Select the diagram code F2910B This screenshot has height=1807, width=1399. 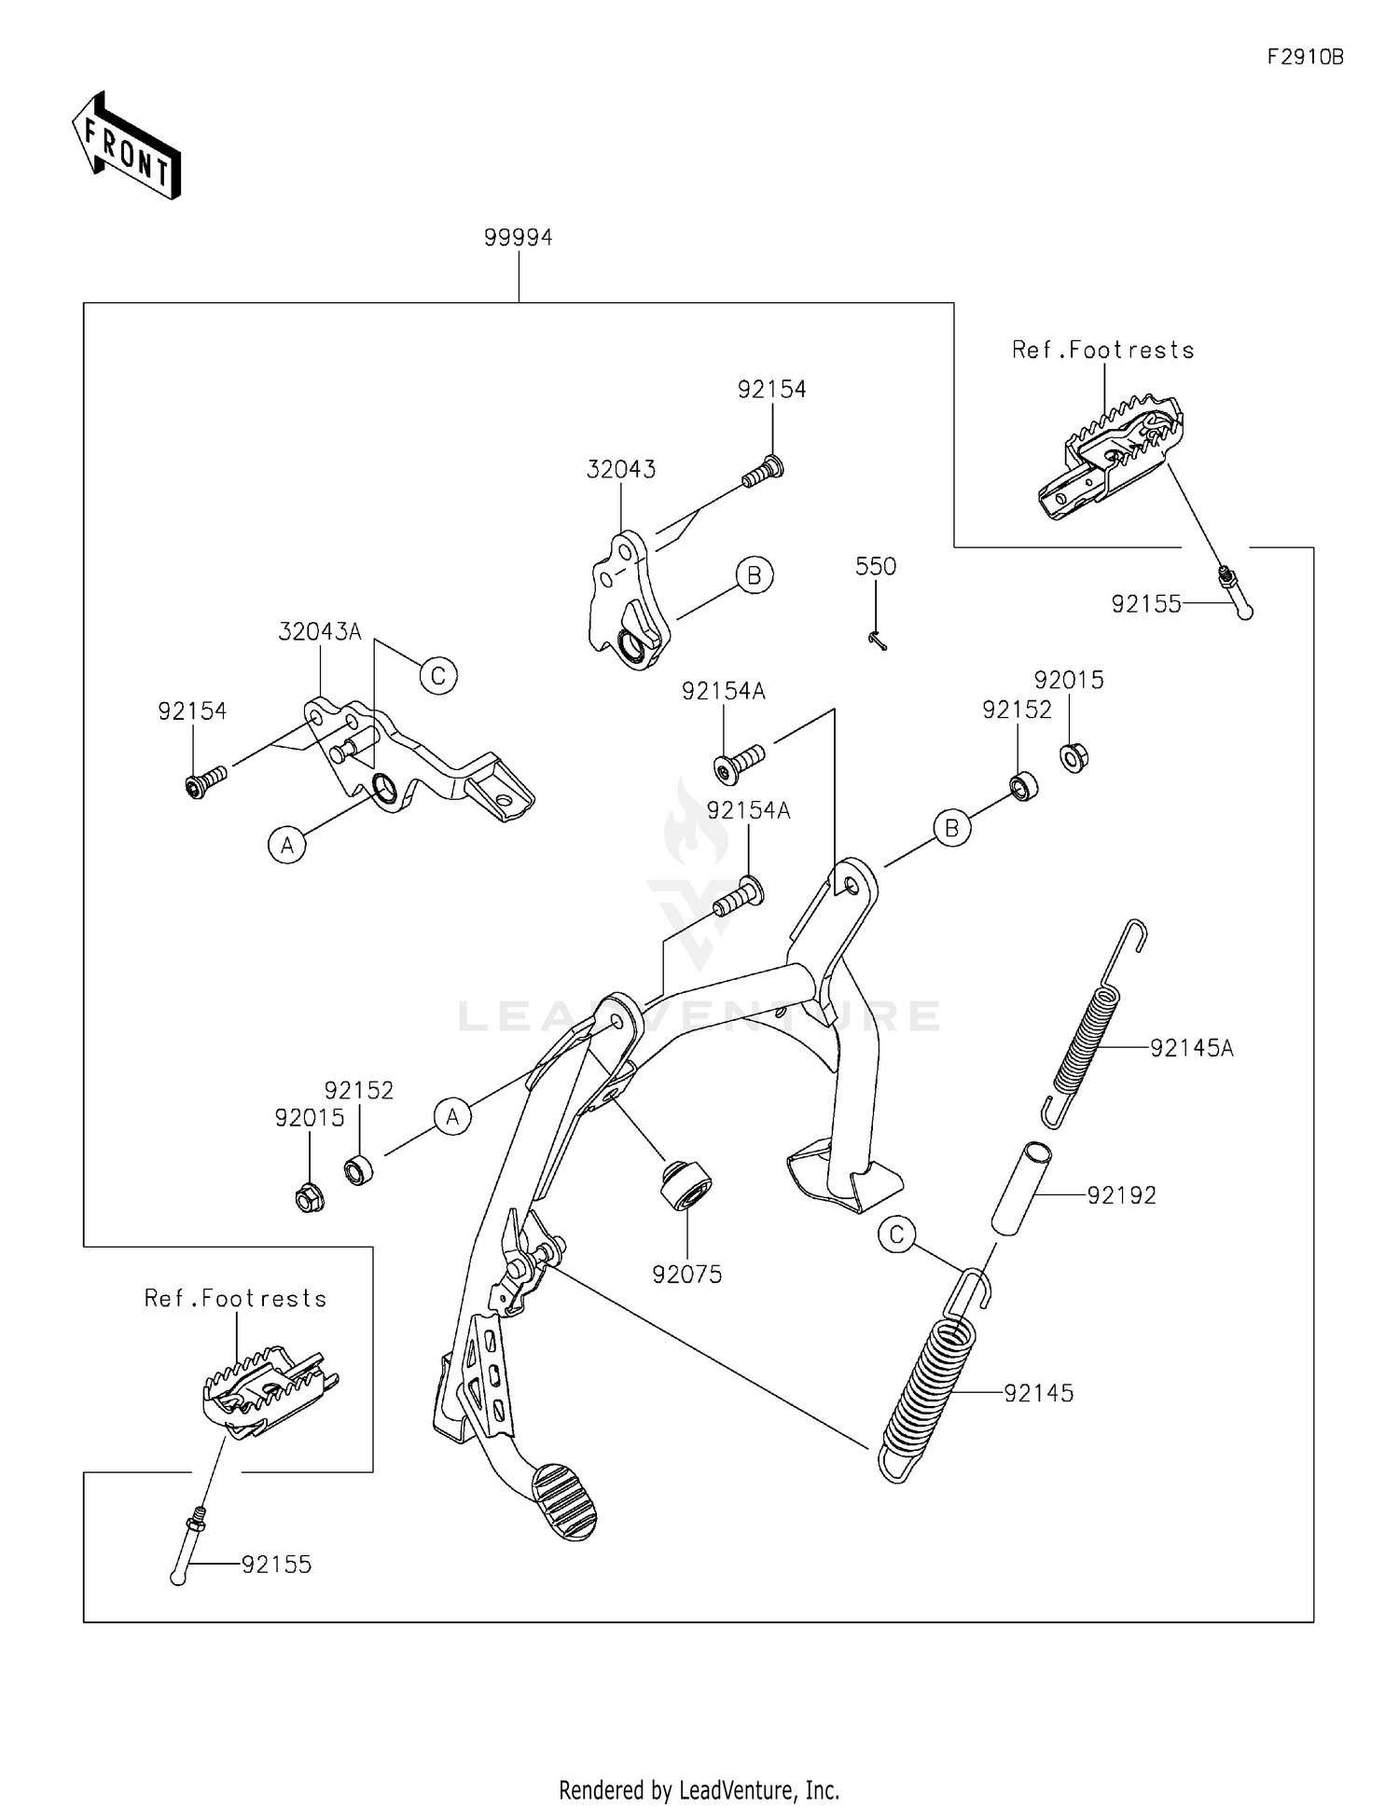(1305, 57)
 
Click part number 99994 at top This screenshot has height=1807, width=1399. (518, 238)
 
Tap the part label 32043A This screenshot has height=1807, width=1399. (319, 632)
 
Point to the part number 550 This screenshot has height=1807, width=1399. (876, 567)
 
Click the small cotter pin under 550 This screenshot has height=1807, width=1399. (877, 641)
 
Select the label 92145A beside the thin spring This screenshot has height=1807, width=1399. (1191, 1048)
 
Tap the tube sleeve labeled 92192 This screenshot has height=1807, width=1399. (1021, 1189)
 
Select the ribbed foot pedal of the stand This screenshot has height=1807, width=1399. (565, 1501)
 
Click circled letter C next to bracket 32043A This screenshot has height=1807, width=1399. (437, 674)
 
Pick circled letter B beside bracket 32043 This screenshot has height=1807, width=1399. (754, 575)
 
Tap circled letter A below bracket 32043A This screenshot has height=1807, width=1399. (287, 846)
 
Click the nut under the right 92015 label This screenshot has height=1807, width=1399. (1074, 757)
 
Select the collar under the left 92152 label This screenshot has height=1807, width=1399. (358, 1169)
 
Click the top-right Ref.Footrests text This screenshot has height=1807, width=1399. (1103, 350)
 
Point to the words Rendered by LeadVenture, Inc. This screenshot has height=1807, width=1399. (699, 1789)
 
